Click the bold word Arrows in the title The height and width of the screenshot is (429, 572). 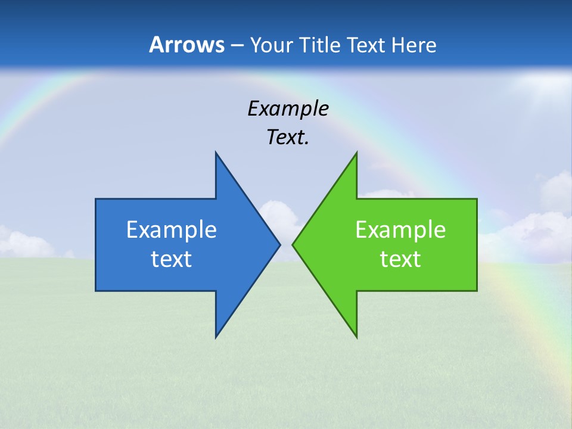(186, 45)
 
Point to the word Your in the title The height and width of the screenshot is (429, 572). (272, 45)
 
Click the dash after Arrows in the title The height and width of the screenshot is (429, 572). (237, 45)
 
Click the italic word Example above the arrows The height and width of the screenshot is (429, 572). (288, 108)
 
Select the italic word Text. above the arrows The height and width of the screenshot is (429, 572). (288, 137)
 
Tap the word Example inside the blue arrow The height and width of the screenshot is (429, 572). (172, 229)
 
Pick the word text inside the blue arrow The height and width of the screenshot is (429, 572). (172, 259)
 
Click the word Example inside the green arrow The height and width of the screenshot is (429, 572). (400, 229)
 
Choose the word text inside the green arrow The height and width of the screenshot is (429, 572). (400, 259)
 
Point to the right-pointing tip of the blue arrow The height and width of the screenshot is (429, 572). (279, 244)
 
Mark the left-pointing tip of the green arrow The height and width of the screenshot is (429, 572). (293, 244)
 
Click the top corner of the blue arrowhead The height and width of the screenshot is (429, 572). (216, 153)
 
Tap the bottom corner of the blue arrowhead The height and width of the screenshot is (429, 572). (216, 337)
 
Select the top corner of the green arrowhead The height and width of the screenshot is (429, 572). (356, 153)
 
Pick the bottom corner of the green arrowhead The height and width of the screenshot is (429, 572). (356, 337)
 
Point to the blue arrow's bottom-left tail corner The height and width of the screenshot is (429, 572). (96, 290)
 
